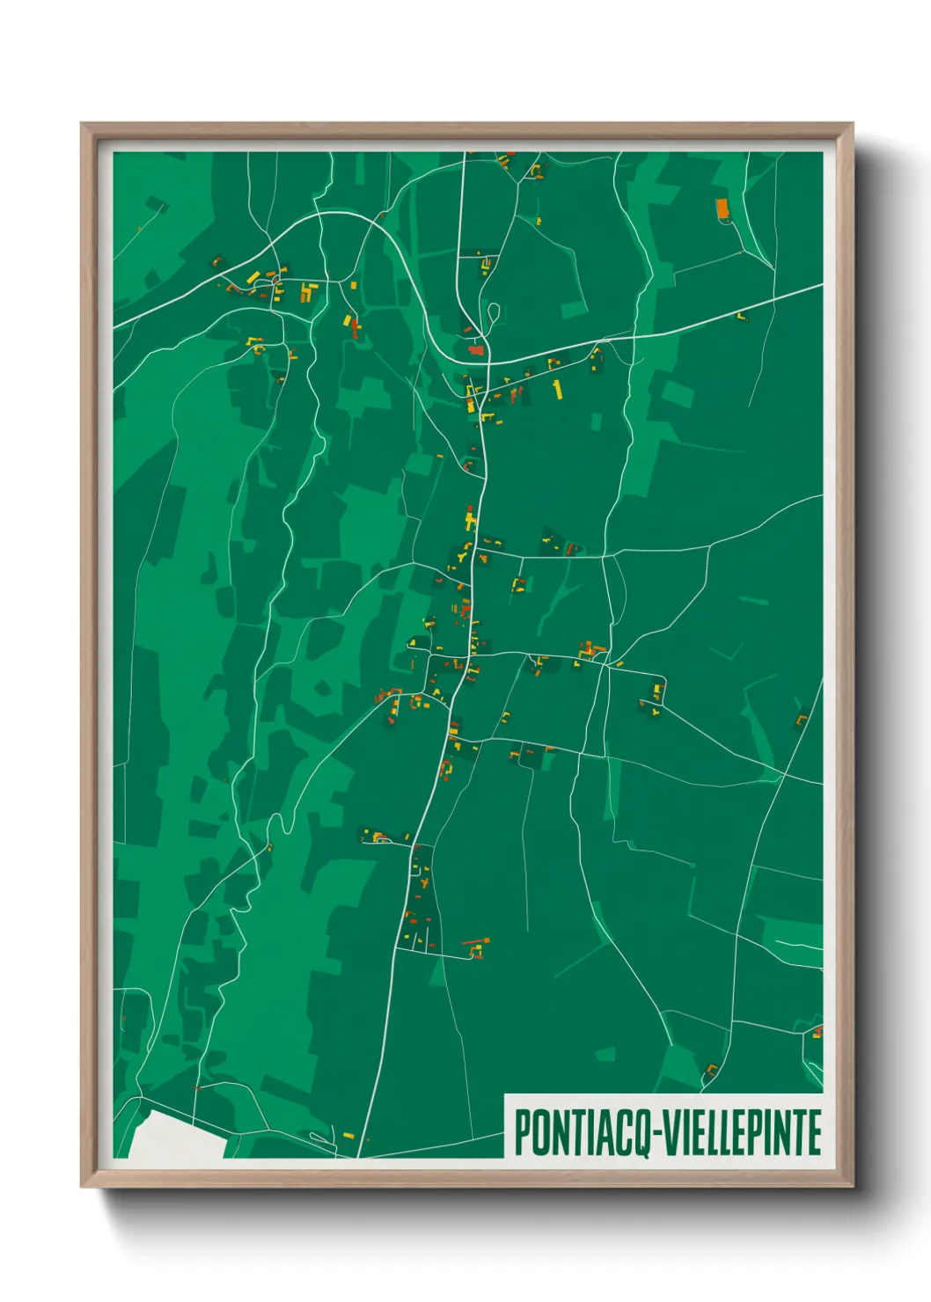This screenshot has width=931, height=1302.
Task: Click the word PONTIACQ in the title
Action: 582,1132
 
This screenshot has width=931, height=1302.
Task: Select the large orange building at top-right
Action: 722,208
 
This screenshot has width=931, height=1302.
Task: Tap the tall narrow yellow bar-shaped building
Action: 556,389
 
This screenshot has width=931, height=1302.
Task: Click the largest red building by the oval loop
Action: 476,349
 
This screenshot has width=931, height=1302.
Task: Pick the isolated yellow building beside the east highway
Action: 741,315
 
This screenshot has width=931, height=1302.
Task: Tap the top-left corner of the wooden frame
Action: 82,124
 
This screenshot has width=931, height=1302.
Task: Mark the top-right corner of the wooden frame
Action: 852,124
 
